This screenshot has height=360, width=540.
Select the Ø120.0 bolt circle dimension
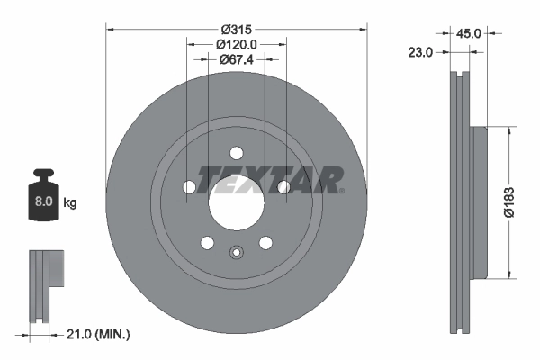coord(237,43)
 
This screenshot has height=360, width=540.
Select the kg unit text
coord(70,203)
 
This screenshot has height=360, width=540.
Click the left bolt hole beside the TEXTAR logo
coord(189,187)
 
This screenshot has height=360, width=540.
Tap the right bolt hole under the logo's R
coord(283,187)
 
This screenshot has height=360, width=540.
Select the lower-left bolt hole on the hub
coord(207,243)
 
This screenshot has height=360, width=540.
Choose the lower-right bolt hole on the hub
coord(265,243)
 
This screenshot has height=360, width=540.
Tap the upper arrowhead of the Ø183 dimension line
coord(510,131)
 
